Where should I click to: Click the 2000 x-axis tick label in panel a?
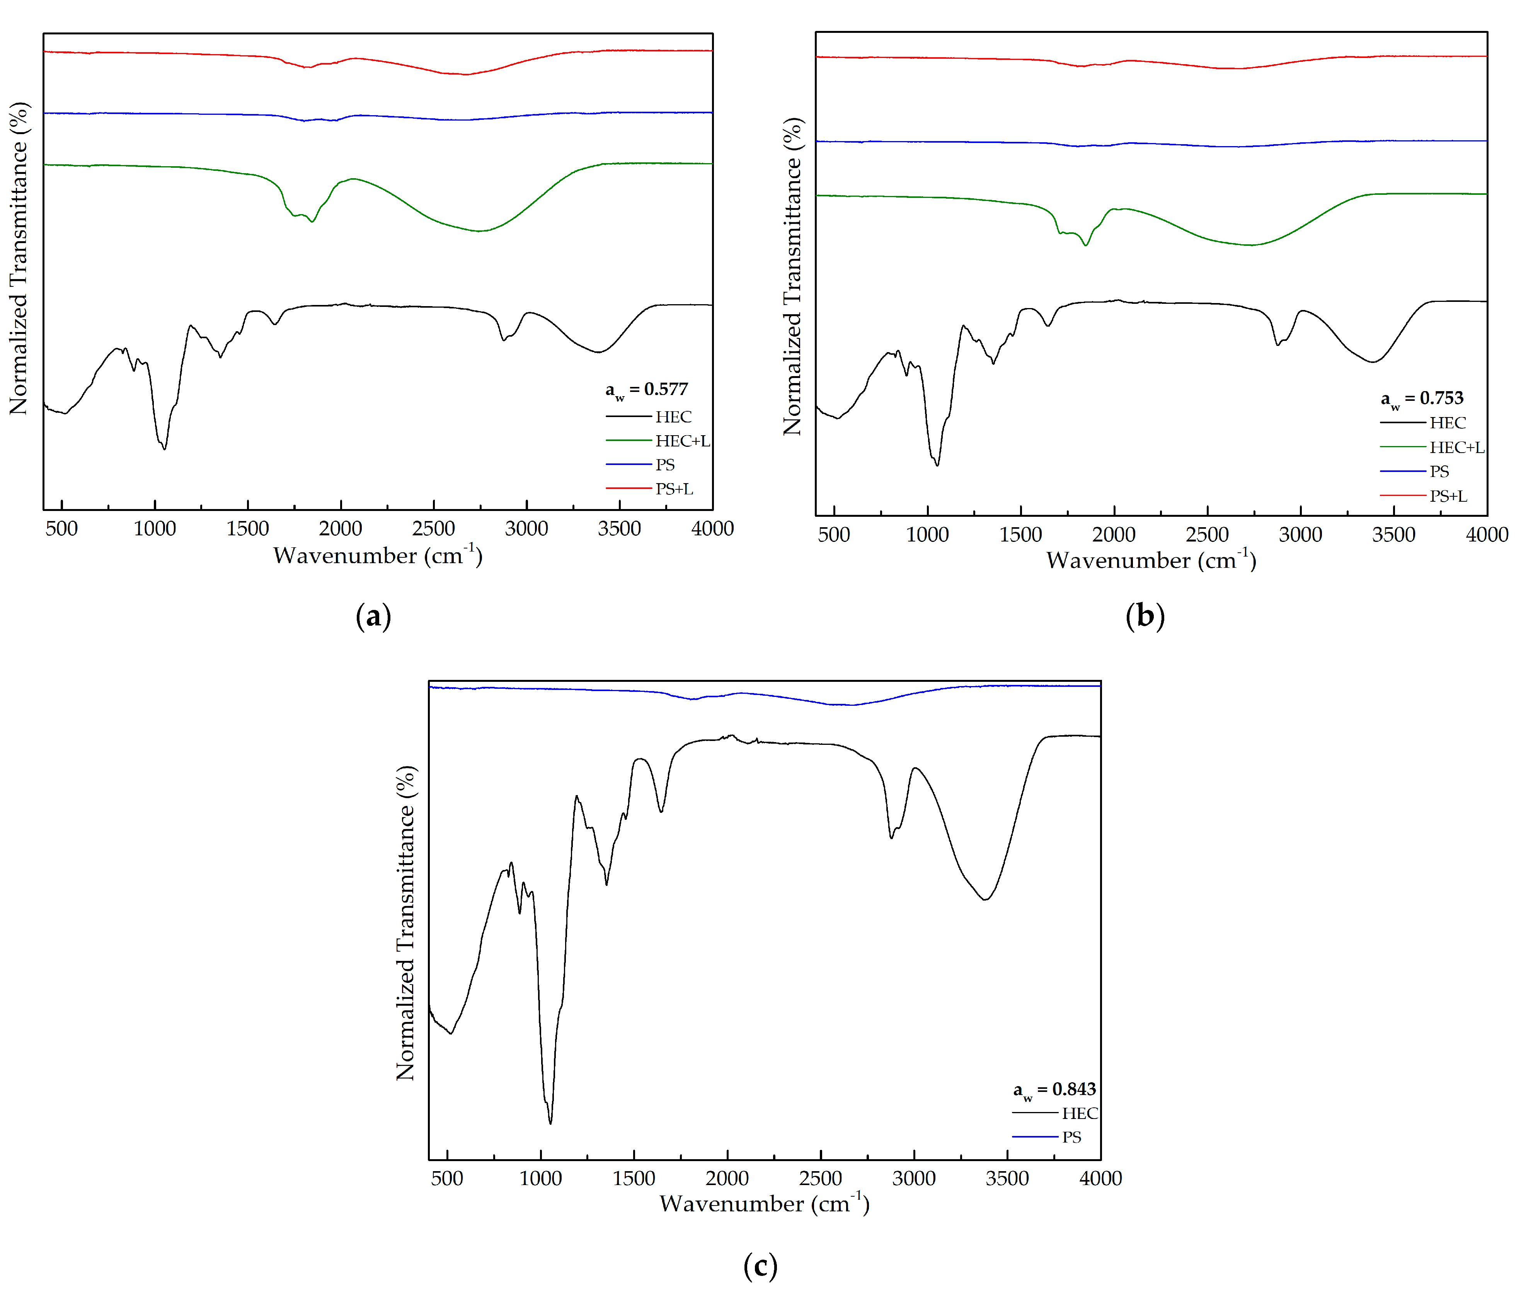(341, 528)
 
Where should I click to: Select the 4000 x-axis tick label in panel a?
(712, 528)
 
